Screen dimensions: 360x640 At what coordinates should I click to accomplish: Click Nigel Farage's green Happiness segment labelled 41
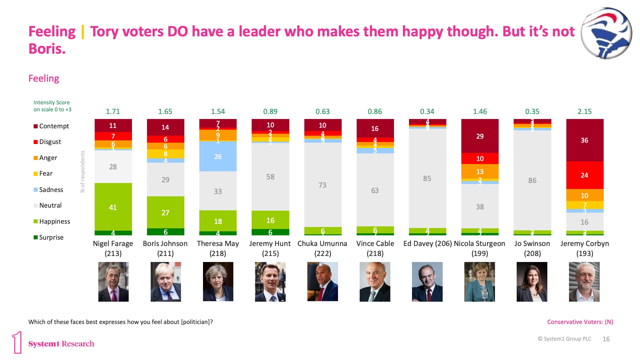point(113,207)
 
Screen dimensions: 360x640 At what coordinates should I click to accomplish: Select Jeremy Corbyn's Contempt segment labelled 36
point(585,140)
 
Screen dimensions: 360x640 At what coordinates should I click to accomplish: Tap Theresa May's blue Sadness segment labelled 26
point(218,156)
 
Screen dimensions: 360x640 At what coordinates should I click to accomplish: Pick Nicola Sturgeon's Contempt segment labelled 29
point(480,136)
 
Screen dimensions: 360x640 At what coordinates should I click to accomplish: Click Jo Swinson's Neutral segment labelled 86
point(532,180)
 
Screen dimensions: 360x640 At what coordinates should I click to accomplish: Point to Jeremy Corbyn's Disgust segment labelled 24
point(585,175)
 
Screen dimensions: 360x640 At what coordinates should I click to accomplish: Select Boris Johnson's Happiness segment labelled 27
point(165,212)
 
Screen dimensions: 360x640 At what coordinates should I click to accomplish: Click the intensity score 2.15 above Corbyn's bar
point(585,112)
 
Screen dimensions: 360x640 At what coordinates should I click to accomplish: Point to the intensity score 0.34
point(427,112)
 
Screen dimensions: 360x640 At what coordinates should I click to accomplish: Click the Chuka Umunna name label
point(322,244)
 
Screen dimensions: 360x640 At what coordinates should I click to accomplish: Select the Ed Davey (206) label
point(427,244)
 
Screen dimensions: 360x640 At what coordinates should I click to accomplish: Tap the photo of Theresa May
point(218,282)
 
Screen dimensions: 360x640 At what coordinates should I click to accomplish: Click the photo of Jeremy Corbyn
point(584,282)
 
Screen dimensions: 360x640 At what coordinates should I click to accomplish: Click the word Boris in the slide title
point(47,49)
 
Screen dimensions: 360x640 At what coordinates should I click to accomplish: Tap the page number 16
point(606,339)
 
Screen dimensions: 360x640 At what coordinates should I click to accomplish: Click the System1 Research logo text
point(61,344)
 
